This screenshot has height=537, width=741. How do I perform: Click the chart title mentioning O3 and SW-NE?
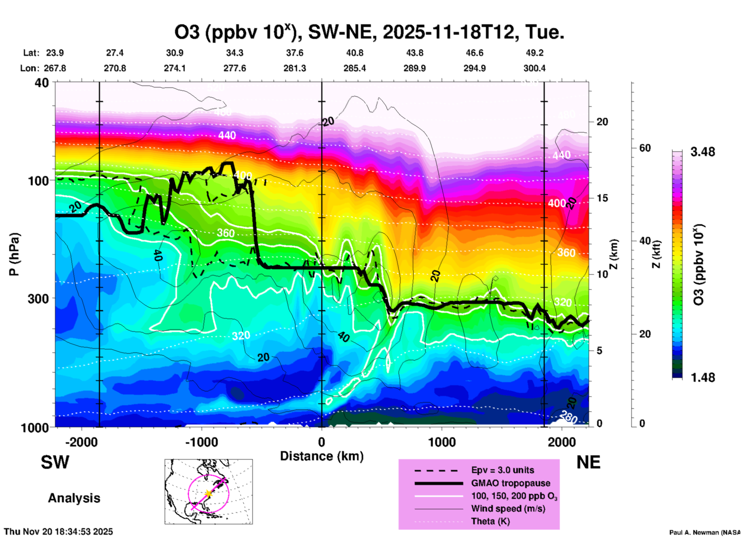[x=369, y=32]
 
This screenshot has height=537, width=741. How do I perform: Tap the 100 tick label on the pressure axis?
[x=38, y=180]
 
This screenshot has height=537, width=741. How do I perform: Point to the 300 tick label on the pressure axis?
[x=38, y=299]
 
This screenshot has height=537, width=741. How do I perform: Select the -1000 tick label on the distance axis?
[x=202, y=442]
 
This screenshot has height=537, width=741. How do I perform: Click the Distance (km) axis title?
[x=322, y=456]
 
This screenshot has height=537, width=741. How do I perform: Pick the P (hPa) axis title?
[x=14, y=254]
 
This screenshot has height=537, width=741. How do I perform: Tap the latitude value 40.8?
[x=354, y=53]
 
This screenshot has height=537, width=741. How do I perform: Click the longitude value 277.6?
[x=235, y=68]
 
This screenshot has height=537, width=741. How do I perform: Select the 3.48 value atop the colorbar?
[x=703, y=152]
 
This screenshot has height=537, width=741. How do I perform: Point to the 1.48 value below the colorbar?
[x=703, y=378]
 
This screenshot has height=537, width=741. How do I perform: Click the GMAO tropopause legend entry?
[x=511, y=483]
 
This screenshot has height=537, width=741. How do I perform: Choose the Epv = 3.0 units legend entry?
[x=502, y=470]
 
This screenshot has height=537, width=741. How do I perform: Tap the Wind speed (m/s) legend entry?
[x=508, y=509]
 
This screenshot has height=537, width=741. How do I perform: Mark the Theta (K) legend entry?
[x=490, y=522]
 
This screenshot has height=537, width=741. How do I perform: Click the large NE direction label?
[x=588, y=462]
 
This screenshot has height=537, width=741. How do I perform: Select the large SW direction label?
[x=55, y=462]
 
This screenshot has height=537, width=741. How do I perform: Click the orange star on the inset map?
[x=209, y=493]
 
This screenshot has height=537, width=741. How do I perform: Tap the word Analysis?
[x=74, y=498]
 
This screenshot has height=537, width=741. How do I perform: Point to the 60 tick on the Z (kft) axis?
[x=645, y=148]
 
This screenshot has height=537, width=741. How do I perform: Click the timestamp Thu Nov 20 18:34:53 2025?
[x=58, y=532]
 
